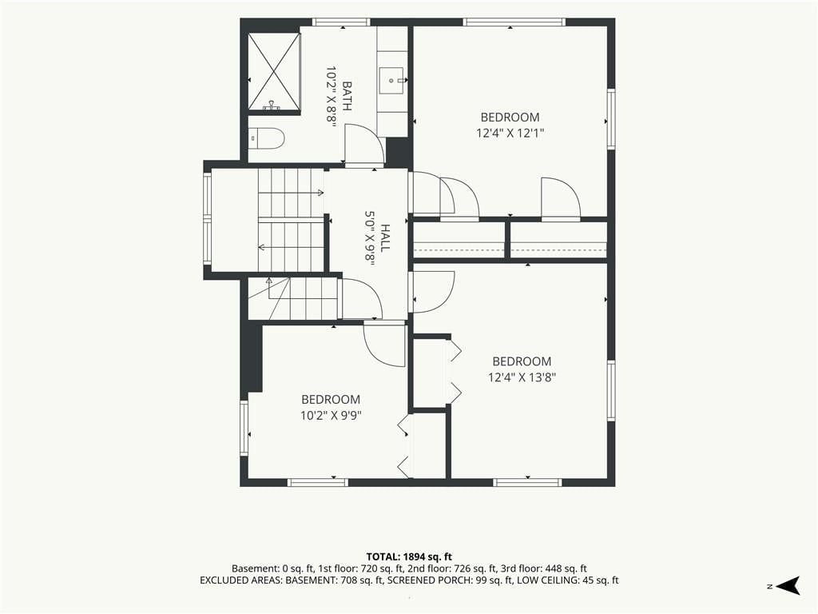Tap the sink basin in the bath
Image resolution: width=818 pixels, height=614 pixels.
[392, 81]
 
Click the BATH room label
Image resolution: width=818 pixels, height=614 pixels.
[347, 96]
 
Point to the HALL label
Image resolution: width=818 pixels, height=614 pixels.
[385, 238]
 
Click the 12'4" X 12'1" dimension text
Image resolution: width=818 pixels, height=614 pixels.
[510, 134]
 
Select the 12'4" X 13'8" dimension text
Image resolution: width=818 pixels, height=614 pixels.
[522, 377]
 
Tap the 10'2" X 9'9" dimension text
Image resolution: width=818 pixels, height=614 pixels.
[331, 416]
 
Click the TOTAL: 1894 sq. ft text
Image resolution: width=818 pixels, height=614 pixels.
[408, 556]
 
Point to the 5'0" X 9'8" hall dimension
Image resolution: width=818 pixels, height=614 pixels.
[370, 238]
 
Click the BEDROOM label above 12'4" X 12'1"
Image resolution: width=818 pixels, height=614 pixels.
[510, 118]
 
